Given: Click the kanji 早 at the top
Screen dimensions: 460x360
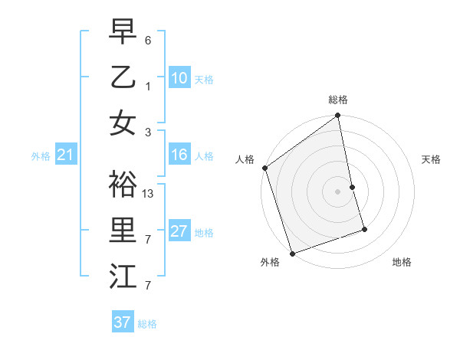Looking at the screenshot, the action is click(x=123, y=31).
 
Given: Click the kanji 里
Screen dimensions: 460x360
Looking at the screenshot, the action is click(x=123, y=230).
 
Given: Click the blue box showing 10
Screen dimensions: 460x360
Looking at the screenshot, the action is click(x=179, y=77).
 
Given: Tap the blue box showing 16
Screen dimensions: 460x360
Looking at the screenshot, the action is click(x=179, y=155).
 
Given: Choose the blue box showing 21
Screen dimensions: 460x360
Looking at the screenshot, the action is click(x=65, y=155).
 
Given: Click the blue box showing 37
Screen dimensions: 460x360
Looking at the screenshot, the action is click(x=123, y=322).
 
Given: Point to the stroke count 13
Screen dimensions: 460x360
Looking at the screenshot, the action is click(x=149, y=194).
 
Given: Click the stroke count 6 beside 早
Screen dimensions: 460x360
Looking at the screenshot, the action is click(x=148, y=40).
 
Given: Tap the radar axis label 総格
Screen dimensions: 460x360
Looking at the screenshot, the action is click(x=338, y=100).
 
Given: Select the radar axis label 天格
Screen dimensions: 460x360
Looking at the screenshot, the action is click(x=432, y=159).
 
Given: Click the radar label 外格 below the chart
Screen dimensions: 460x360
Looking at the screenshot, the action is click(x=270, y=263).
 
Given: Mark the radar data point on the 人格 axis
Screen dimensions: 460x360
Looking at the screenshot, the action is click(x=264, y=168).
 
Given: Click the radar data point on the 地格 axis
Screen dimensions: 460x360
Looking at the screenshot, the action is click(x=364, y=229).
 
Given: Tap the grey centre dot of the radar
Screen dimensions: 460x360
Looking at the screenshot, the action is click(x=338, y=191).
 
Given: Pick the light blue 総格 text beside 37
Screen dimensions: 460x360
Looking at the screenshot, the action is click(x=147, y=324).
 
